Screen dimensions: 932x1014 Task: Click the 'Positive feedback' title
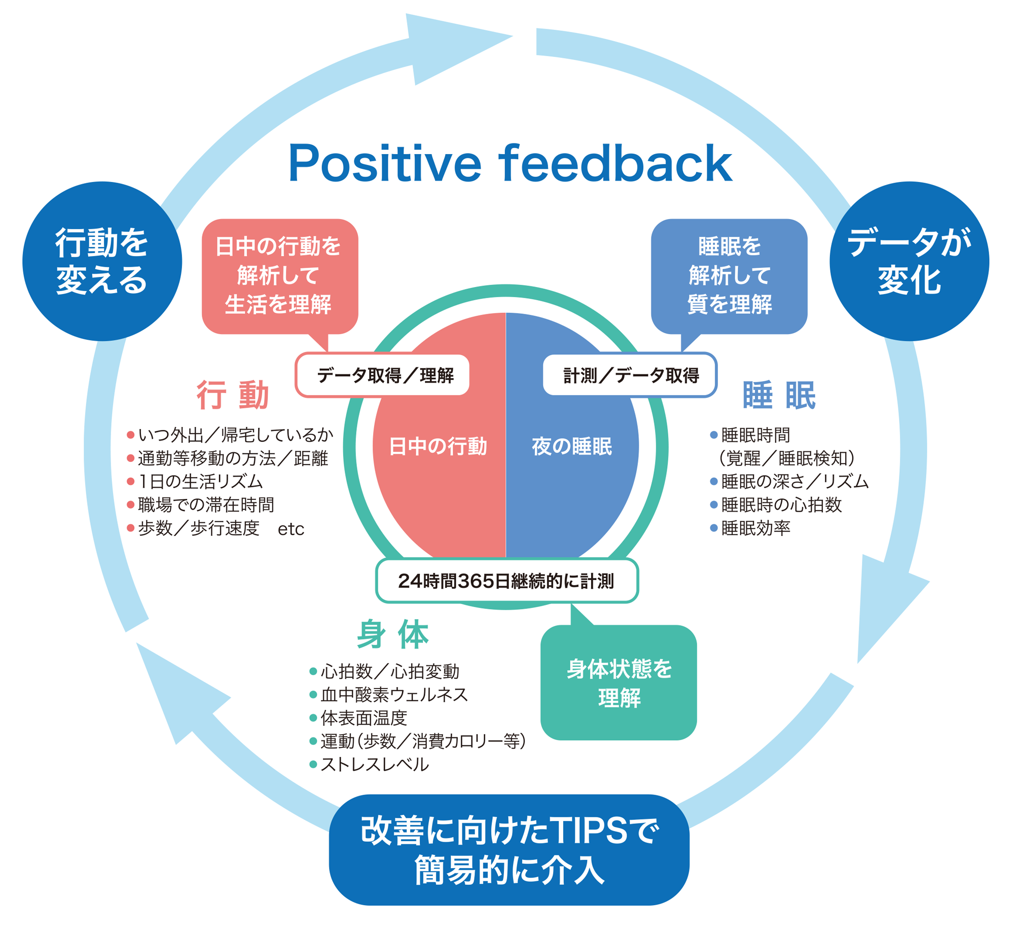pyautogui.click(x=510, y=163)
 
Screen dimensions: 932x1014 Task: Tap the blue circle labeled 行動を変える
pyautogui.click(x=102, y=261)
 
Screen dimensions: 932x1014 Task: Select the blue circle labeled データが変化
pyautogui.click(x=909, y=261)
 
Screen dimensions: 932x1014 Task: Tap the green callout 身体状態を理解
pyautogui.click(x=619, y=683)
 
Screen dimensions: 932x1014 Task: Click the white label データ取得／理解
pyautogui.click(x=385, y=375)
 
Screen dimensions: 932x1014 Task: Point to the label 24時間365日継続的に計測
pyautogui.click(x=506, y=581)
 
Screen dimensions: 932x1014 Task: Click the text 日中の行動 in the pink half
pyautogui.click(x=438, y=446)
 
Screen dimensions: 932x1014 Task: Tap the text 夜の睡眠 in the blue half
pyautogui.click(x=572, y=446)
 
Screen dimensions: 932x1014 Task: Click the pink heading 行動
pyautogui.click(x=232, y=395)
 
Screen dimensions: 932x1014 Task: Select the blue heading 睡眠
pyautogui.click(x=779, y=395)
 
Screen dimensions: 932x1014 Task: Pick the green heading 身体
pyautogui.click(x=393, y=634)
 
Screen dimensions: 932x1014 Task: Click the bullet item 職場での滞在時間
pyautogui.click(x=206, y=505)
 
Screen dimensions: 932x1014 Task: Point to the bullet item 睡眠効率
pyautogui.click(x=755, y=528)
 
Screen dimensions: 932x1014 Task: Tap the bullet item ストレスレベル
pyautogui.click(x=375, y=764)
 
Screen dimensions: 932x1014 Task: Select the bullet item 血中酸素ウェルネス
pyautogui.click(x=394, y=694)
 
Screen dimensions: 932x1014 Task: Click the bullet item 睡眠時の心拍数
pyautogui.click(x=781, y=505)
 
